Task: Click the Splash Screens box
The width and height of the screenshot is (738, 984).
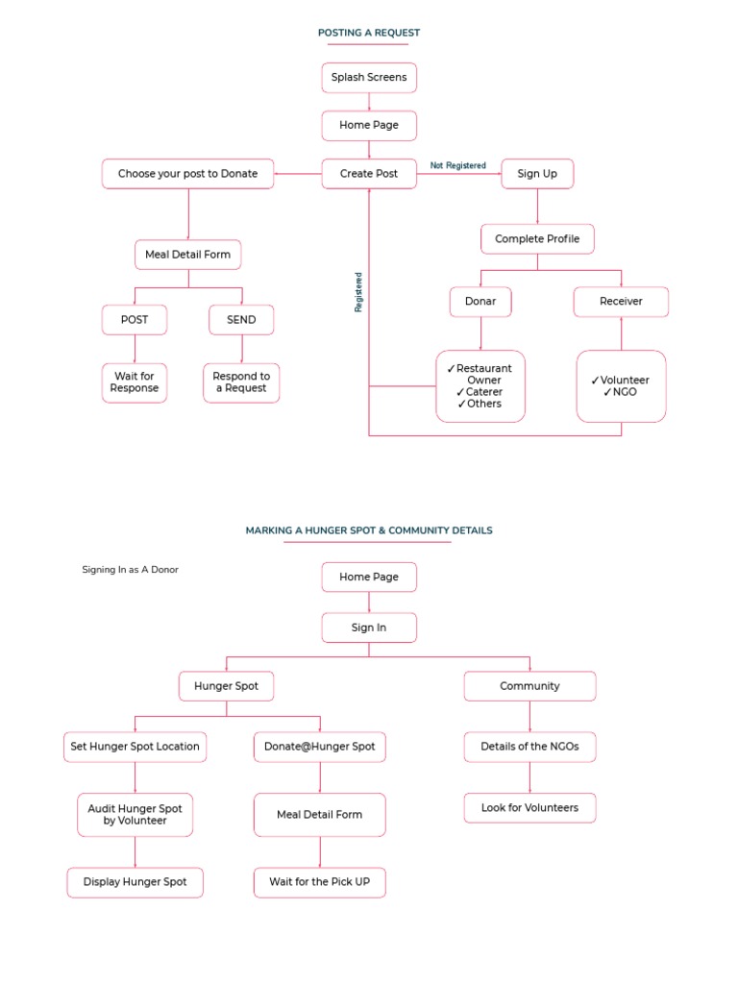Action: pos(369,78)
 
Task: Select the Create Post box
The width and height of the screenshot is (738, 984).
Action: pos(369,174)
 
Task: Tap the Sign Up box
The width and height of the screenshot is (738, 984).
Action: pos(537,174)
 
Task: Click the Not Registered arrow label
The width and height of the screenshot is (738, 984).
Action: pos(457,165)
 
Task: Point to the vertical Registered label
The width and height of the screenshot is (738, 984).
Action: pos(358,292)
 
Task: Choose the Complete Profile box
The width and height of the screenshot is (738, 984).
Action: pos(537,239)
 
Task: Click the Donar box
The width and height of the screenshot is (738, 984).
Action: pos(480,302)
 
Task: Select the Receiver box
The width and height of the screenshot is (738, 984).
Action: pos(621,302)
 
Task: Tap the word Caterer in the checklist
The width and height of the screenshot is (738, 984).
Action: pos(484,392)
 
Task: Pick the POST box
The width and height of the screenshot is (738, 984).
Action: pos(135,320)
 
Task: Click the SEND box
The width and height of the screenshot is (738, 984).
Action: pos(241,320)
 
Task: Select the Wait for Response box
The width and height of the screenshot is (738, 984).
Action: pos(135,382)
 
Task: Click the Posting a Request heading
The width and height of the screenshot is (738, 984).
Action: pos(369,33)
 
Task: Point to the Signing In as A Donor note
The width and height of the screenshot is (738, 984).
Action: pos(130,570)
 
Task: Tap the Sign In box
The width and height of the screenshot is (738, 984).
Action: pos(369,628)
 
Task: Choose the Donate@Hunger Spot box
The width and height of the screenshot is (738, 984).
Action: pos(320,747)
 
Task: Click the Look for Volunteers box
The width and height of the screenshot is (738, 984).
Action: pos(529,808)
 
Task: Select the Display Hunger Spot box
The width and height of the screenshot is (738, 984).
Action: pos(135,882)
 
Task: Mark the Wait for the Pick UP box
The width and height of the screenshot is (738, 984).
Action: pos(320,882)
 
